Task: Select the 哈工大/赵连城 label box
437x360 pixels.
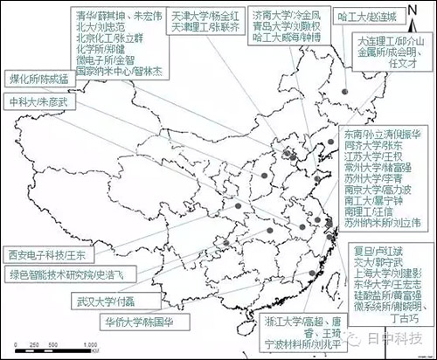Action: click(378, 17)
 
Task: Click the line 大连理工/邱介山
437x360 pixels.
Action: click(392, 40)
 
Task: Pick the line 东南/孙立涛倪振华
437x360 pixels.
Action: click(385, 136)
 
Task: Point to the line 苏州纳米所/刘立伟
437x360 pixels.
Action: click(381, 222)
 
